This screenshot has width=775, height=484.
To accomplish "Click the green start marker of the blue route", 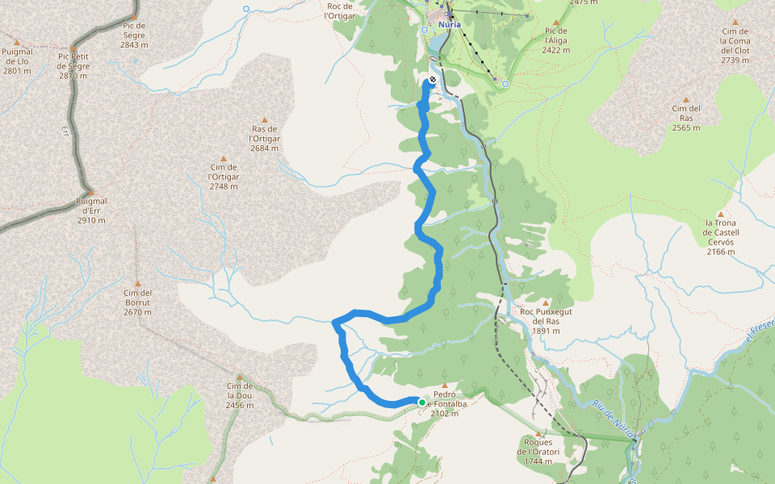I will tap(421, 402).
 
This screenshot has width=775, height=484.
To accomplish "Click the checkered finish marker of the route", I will tap(433, 79).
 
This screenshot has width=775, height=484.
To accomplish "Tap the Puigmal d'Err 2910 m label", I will tap(91, 211).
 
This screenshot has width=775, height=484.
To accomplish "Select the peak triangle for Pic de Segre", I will tap(134, 15).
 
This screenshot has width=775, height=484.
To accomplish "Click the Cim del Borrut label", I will tap(138, 302).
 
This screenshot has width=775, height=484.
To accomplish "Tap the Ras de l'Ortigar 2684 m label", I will tap(265, 138).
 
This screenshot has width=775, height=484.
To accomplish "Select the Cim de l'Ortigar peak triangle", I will tap(224, 158).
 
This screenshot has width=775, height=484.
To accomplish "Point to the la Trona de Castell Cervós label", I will tap(722, 237).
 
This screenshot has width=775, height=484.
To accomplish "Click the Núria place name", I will tap(449, 24).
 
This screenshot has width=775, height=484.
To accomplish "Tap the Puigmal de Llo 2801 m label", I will tap(17, 61).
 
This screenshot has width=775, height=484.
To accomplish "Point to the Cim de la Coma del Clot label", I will tap(735, 45).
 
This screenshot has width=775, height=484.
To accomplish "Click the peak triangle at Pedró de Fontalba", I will tap(444, 386).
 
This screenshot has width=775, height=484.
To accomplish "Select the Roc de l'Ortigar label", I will tap(339, 10).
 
